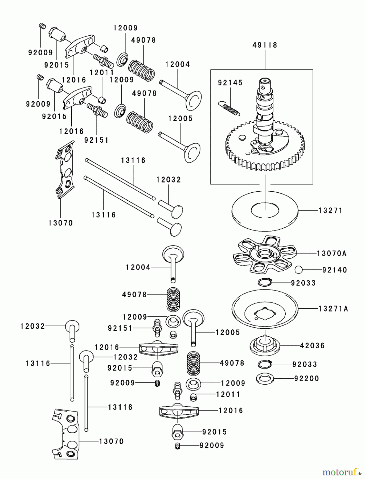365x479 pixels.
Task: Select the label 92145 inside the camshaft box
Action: click(230, 83)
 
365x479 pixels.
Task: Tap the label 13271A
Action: click(333, 309)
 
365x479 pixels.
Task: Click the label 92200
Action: click(306, 378)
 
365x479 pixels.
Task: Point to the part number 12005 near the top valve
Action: click(180, 119)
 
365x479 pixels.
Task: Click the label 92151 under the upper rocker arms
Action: click(96, 140)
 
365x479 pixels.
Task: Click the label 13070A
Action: click(331, 253)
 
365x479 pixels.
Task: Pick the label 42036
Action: click(312, 346)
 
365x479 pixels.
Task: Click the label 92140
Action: click(335, 270)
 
